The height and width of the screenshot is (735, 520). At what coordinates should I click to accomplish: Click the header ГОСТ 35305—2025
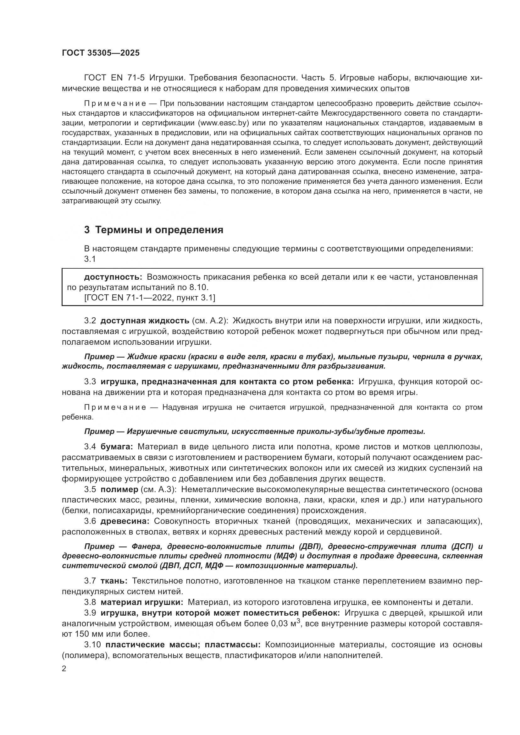point(101,53)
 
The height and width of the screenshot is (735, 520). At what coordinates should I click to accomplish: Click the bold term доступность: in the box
point(113,277)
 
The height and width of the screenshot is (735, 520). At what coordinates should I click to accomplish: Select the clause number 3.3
point(90,381)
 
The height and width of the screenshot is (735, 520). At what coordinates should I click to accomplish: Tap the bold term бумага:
point(117,447)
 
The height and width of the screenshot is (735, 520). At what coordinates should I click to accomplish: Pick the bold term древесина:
point(125,521)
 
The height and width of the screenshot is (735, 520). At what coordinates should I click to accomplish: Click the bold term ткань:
point(114,581)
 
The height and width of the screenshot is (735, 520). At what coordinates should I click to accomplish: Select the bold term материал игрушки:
point(142,602)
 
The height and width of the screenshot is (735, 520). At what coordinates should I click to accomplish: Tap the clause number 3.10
point(92,644)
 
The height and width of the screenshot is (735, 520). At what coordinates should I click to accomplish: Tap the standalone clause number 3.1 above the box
point(90,259)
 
